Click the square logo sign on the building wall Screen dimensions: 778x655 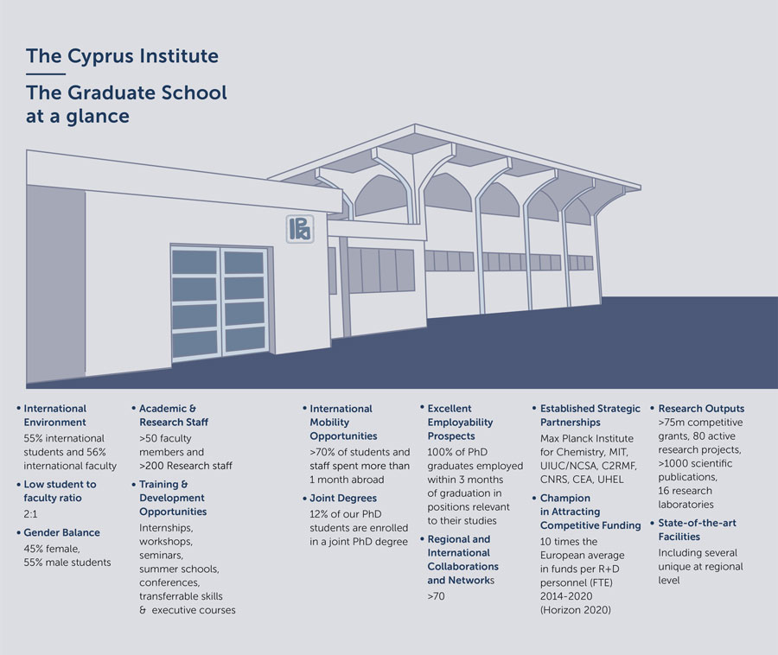point(300,229)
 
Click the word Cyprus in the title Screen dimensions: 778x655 point(101,56)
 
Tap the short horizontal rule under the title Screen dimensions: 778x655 point(46,73)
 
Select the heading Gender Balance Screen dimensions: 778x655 point(61,532)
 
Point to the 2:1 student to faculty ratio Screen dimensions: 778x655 point(30,513)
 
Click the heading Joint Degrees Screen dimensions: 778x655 point(343,498)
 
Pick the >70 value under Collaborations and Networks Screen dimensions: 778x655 point(436,596)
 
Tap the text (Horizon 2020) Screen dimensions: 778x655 point(575,610)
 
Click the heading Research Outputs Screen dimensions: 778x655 point(701,409)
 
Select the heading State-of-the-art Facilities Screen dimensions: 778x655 point(697,530)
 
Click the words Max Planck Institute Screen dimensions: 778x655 point(586,438)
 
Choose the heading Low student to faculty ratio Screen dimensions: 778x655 point(60,491)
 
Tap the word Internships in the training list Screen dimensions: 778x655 point(166,528)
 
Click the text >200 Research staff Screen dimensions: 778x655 point(186,466)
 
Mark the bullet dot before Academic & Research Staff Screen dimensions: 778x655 point(133,408)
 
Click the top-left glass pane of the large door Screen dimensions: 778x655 point(194,262)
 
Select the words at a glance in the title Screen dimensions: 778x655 point(78,117)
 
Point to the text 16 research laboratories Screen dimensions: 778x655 point(686,498)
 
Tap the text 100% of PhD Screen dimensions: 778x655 point(457,452)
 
